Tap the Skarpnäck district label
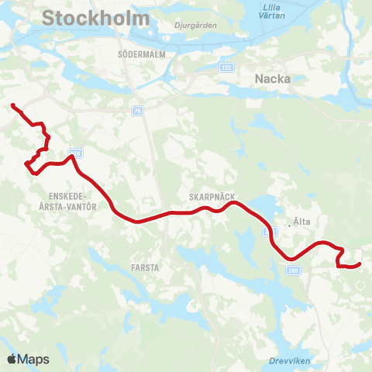[212, 197]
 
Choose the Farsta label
[146, 267]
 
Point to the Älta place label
[302, 222]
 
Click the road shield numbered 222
[226, 67]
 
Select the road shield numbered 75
[138, 111]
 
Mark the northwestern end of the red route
[12, 105]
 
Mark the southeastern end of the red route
[360, 265]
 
